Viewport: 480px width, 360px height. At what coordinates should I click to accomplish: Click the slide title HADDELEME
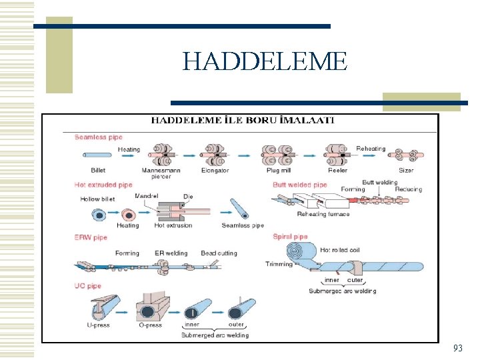pyautogui.click(x=265, y=62)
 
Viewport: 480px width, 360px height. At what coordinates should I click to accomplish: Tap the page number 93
pyautogui.click(x=457, y=348)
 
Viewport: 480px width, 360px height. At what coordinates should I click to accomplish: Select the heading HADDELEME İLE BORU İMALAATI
pyautogui.click(x=243, y=121)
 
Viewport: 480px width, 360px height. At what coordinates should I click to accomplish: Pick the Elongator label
pyautogui.click(x=215, y=170)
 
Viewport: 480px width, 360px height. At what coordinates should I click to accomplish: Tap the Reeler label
pyautogui.click(x=337, y=170)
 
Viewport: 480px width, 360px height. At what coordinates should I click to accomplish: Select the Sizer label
pyautogui.click(x=406, y=170)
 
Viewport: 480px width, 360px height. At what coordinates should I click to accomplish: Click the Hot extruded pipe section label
pyautogui.click(x=103, y=185)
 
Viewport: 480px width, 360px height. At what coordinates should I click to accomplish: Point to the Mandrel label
pyautogui.click(x=146, y=195)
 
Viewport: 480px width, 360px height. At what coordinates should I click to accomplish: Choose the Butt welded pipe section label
pyautogui.click(x=299, y=185)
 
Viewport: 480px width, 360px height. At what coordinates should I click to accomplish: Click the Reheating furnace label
pyautogui.click(x=323, y=214)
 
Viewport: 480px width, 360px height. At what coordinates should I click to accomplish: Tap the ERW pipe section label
pyautogui.click(x=91, y=237)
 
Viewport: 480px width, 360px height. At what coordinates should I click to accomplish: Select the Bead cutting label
pyautogui.click(x=219, y=253)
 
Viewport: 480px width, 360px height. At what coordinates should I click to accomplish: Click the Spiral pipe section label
pyautogui.click(x=290, y=237)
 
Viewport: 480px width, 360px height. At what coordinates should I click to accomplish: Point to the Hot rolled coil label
pyautogui.click(x=344, y=250)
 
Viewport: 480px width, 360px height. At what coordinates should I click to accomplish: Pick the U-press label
pyautogui.click(x=98, y=325)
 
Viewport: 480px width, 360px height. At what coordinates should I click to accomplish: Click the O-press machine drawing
pyautogui.click(x=149, y=305)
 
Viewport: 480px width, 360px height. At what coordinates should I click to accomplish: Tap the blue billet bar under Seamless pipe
pyautogui.click(x=98, y=155)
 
